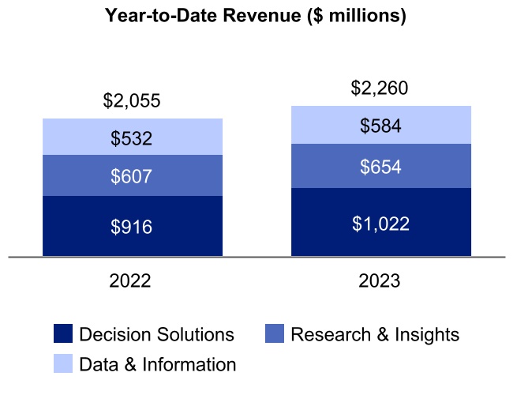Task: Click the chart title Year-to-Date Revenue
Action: click(256, 17)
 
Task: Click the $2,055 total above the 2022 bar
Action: click(132, 101)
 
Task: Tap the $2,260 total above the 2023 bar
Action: click(380, 88)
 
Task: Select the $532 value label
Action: click(132, 139)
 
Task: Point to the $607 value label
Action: click(132, 176)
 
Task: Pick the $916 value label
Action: click(132, 227)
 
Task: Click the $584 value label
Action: click(380, 126)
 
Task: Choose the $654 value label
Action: click(380, 167)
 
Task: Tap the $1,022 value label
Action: click(380, 224)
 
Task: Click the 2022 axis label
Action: click(132, 281)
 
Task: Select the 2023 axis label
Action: click(380, 281)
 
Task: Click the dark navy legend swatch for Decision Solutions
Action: click(63, 334)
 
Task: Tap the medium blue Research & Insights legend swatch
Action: click(274, 334)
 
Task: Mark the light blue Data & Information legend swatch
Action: click(63, 364)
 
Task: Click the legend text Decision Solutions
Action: click(157, 334)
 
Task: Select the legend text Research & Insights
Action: click(375, 334)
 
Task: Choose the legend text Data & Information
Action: click(158, 364)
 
